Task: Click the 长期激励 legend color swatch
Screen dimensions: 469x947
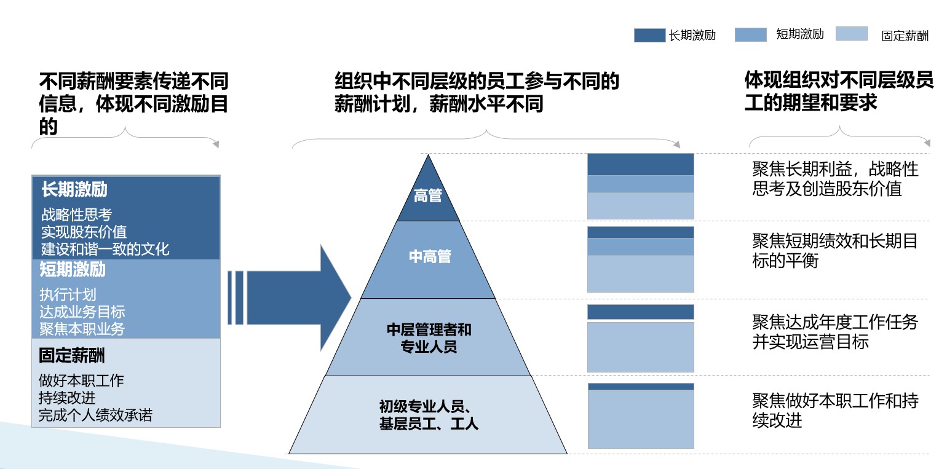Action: click(649, 36)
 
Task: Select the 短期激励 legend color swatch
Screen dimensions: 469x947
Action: click(750, 35)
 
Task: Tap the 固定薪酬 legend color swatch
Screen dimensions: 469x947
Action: click(852, 34)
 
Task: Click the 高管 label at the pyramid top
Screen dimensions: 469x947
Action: click(428, 196)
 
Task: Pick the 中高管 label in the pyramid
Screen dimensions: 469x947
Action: click(430, 256)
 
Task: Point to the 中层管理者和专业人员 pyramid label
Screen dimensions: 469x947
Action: click(429, 338)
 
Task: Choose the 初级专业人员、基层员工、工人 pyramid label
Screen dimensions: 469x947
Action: click(429, 415)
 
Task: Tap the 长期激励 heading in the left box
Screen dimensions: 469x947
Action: click(74, 189)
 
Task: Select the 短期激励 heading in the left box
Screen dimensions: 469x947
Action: click(73, 269)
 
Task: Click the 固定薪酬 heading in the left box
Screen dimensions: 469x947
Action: click(72, 356)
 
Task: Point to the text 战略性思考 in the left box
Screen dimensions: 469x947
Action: click(76, 215)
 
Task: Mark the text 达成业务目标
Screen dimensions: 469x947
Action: click(82, 312)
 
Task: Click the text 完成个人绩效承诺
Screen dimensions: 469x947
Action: click(95, 415)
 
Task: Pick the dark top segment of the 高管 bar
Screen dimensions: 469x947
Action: click(640, 164)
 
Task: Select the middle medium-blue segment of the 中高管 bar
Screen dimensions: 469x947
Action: click(640, 246)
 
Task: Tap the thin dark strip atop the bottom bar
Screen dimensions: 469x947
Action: click(640, 387)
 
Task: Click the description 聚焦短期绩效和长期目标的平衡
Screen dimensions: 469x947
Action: click(834, 251)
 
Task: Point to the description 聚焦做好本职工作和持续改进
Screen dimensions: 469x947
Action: click(834, 411)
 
